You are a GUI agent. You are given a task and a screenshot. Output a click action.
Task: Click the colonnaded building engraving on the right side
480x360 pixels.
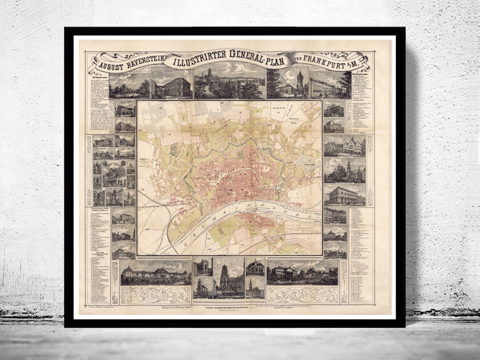tap(344, 195)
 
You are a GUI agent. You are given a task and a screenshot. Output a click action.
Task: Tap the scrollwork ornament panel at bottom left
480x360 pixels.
tap(156, 295)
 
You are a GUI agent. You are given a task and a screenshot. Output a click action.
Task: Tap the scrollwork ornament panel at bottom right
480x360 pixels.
tap(302, 295)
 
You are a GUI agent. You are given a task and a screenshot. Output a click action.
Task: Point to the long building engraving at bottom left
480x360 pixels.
tap(156, 273)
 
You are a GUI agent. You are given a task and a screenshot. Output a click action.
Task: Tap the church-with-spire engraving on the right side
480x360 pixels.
tap(344, 170)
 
